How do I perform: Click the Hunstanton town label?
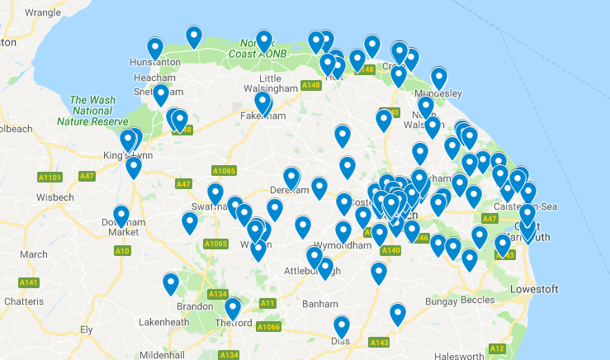(155, 62)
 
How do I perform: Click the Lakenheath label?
(165, 321)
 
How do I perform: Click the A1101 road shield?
(50, 177)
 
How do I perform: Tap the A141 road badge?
(29, 282)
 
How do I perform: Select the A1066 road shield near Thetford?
(269, 327)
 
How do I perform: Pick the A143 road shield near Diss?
(380, 341)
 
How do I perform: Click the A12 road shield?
(497, 348)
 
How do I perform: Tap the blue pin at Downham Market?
(121, 216)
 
